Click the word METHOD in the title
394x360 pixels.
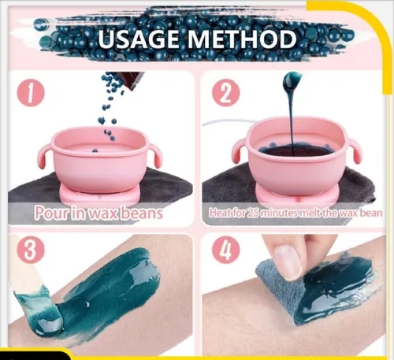(x=242, y=39)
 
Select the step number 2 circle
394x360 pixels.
(x=226, y=95)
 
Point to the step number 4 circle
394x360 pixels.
(x=226, y=251)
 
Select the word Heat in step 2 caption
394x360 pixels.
(x=218, y=213)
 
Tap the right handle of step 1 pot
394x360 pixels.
(x=156, y=157)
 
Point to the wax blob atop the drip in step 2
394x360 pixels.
(x=292, y=80)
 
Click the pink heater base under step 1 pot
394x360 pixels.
(x=99, y=196)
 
